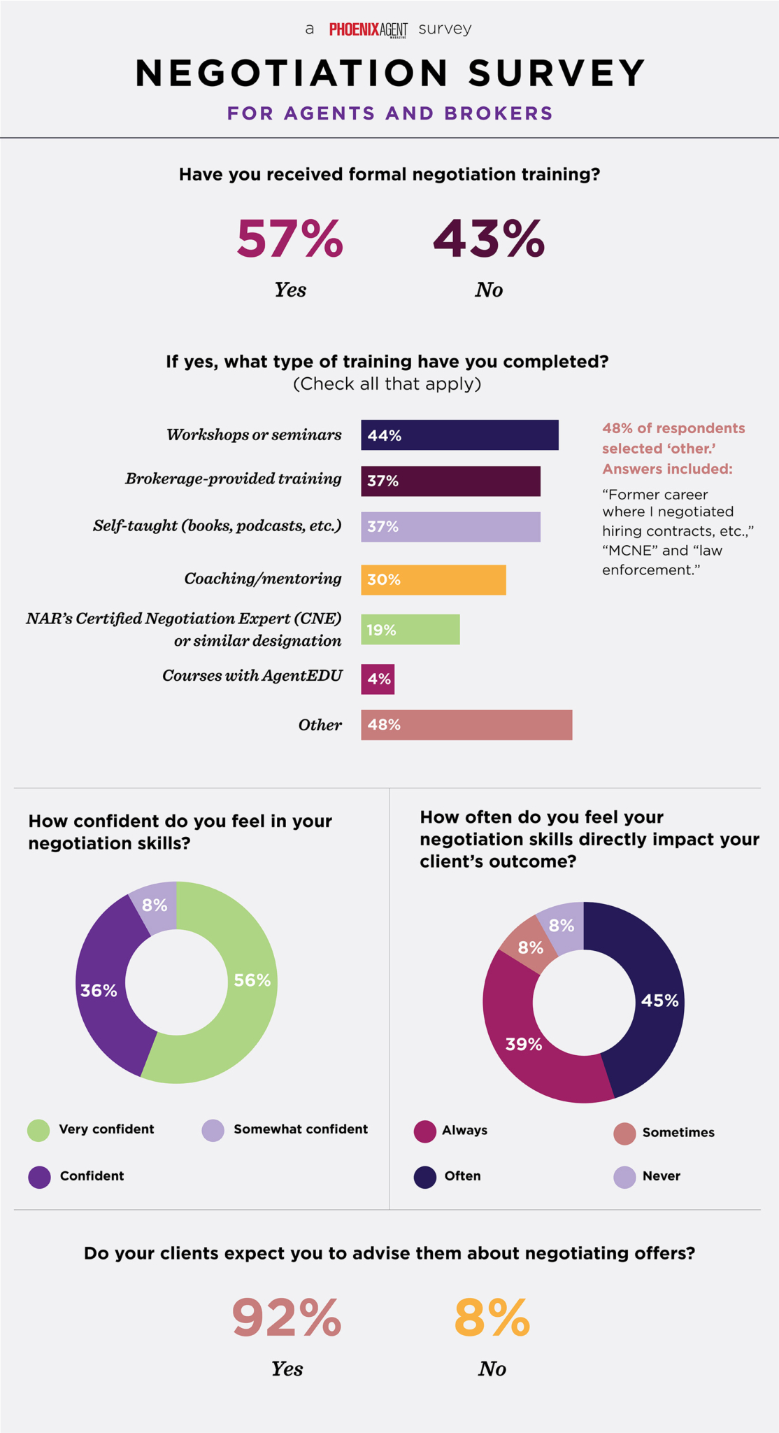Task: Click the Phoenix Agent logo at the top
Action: pyautogui.click(x=368, y=29)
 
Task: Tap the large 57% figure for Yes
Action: pyautogui.click(x=290, y=239)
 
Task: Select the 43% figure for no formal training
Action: pyautogui.click(x=488, y=239)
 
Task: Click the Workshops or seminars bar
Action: pyautogui.click(x=459, y=435)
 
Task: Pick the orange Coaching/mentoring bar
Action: pyautogui.click(x=434, y=579)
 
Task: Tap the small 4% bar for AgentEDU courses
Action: pyautogui.click(x=378, y=679)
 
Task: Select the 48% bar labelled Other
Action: pyautogui.click(x=466, y=725)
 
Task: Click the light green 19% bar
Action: pyautogui.click(x=410, y=630)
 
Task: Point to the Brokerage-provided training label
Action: pyautogui.click(x=233, y=479)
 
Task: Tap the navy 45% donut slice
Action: pyautogui.click(x=654, y=1001)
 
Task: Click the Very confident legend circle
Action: pyautogui.click(x=38, y=1130)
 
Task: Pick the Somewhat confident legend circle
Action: pyautogui.click(x=213, y=1130)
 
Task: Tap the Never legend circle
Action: pyautogui.click(x=624, y=1177)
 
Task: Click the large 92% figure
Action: pyautogui.click(x=287, y=1318)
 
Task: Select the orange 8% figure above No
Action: pyautogui.click(x=492, y=1318)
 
